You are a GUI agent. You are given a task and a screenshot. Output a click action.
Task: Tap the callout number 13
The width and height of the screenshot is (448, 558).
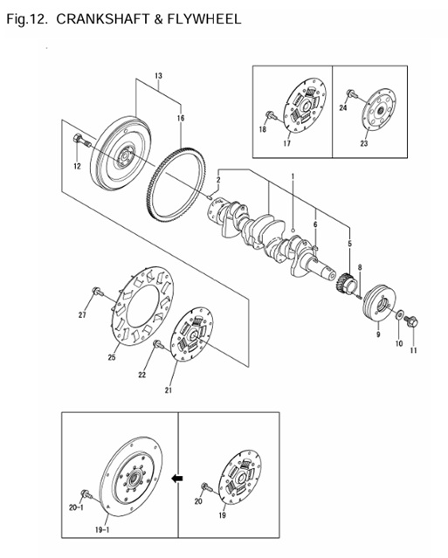(x=158, y=77)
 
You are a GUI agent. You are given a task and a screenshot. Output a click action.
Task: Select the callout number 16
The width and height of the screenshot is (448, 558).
(x=180, y=117)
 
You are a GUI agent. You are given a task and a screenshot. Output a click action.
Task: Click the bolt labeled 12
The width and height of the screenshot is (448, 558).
(x=80, y=140)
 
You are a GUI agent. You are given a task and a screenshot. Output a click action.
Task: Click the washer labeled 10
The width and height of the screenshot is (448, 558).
(x=399, y=314)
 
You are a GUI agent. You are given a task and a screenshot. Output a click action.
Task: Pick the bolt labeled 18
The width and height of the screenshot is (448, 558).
(x=269, y=114)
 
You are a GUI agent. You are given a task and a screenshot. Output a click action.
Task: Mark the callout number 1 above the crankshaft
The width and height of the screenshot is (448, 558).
(x=293, y=176)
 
